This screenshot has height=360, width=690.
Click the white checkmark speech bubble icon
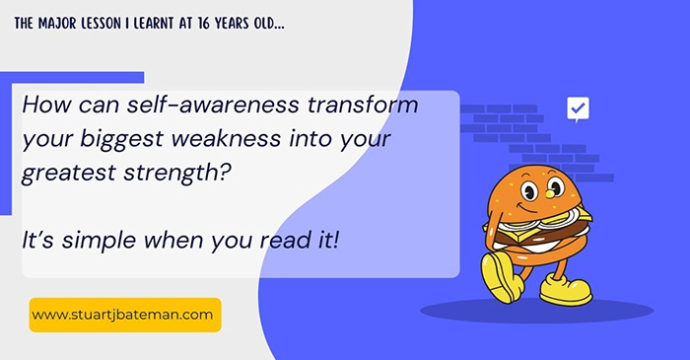pyautogui.click(x=578, y=108)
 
